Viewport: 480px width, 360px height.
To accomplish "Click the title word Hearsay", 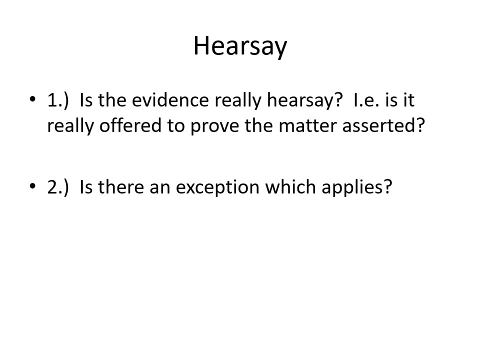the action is click(240, 46).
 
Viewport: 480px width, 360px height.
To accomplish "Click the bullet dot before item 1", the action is click(32, 99).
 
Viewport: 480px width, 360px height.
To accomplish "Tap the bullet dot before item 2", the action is click(32, 186).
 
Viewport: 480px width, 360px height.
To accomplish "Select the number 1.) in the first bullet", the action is click(58, 100).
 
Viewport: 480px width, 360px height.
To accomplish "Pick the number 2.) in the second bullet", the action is click(58, 187).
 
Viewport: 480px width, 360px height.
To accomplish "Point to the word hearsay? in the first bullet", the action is click(304, 100).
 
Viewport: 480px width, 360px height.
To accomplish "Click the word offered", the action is click(130, 125).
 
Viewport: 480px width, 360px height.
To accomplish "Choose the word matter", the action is click(307, 125).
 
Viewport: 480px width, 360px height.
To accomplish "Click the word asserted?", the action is click(383, 125).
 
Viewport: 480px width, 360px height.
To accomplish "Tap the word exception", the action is click(217, 188).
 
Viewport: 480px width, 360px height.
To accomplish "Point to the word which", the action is click(290, 186).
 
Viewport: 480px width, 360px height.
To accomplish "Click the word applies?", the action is click(357, 187).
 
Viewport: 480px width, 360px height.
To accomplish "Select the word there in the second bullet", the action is click(121, 186).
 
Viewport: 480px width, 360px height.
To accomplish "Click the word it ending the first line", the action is click(408, 99).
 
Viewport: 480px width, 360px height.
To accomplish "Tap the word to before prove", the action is click(176, 126).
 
